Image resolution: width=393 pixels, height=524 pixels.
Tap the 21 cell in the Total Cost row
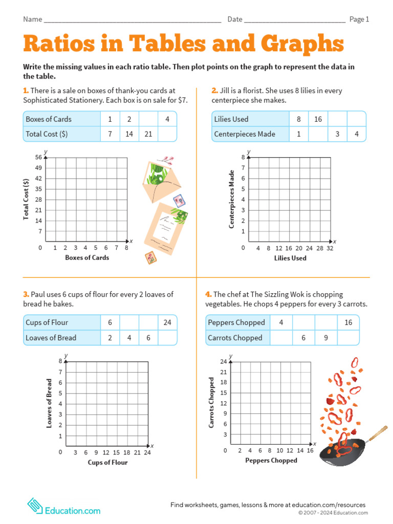point(148,134)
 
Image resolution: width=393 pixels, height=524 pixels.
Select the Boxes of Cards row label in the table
point(49,119)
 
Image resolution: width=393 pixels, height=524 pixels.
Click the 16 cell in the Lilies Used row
point(318,119)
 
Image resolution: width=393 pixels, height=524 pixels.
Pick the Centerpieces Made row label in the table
point(245,134)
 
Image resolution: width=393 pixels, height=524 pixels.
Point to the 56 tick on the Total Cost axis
point(38,158)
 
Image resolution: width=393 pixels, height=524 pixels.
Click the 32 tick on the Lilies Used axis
point(330,248)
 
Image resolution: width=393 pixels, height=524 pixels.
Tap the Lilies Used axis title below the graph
point(290,258)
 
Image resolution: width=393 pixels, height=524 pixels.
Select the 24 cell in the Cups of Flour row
point(167,322)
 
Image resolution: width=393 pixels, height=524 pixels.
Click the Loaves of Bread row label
point(51,338)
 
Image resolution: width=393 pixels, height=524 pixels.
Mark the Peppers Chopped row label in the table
point(236,322)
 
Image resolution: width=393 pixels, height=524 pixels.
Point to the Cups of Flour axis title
point(107,463)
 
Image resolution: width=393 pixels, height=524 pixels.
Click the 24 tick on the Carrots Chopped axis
point(223,362)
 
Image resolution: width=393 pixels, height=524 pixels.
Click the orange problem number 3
point(25,294)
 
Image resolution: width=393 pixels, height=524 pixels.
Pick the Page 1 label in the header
point(359,19)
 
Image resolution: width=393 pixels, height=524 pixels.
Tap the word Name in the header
point(32,19)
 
